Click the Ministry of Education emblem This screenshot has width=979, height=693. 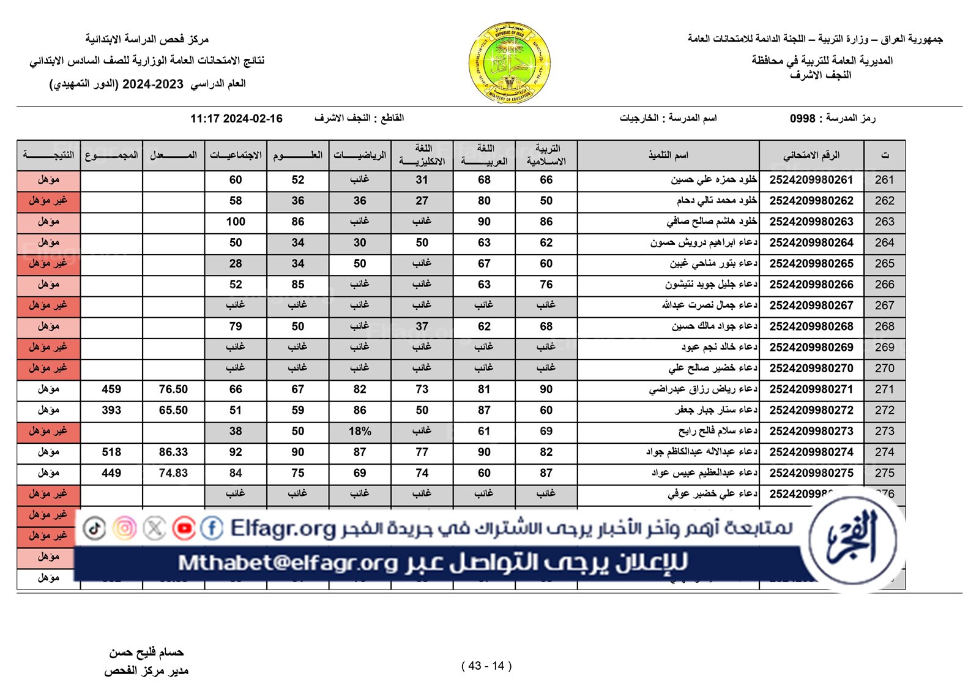510,62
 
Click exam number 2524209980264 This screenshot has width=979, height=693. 811,242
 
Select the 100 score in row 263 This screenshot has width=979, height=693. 236,222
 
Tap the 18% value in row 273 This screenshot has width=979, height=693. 360,431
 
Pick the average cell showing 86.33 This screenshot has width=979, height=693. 173,452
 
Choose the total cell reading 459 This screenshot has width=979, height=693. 111,389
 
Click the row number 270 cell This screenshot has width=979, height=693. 884,368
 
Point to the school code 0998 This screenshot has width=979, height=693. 802,118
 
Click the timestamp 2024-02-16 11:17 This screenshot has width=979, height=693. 236,119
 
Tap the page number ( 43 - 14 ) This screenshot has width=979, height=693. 486,665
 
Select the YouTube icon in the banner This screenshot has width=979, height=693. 184,528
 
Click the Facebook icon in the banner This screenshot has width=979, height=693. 212,528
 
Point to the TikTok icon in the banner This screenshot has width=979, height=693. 94,528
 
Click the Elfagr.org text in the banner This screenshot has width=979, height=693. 283,528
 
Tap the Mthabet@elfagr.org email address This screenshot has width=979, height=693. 288,563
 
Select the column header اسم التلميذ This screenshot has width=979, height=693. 668,155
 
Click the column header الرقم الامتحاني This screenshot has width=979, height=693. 811,155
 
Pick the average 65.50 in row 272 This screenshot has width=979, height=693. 173,410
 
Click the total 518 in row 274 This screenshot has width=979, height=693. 111,452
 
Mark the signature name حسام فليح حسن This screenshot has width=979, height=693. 146,653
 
